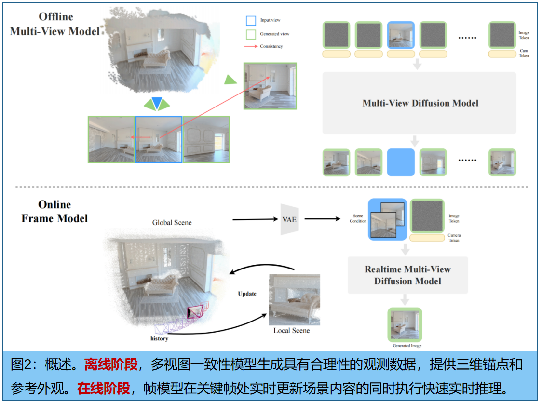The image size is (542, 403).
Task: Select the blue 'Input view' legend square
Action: (251, 20)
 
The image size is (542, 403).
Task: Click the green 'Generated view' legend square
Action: (251, 34)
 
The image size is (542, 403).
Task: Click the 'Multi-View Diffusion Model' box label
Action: (420, 103)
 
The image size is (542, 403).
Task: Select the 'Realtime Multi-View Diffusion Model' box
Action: (407, 275)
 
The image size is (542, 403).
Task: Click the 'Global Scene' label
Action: (172, 223)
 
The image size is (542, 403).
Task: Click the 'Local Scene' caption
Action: (291, 331)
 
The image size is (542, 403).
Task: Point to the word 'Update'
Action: (247, 294)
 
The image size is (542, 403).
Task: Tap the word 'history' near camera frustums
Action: (159, 339)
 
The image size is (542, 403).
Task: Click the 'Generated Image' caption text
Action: (407, 346)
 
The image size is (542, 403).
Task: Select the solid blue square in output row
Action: (401, 162)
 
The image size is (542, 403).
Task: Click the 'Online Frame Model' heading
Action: (54, 211)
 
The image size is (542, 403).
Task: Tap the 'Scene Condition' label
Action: (358, 219)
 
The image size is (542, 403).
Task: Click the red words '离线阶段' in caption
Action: (111, 365)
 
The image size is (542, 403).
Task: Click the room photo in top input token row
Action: (401, 35)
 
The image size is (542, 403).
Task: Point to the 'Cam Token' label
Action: (524, 53)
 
